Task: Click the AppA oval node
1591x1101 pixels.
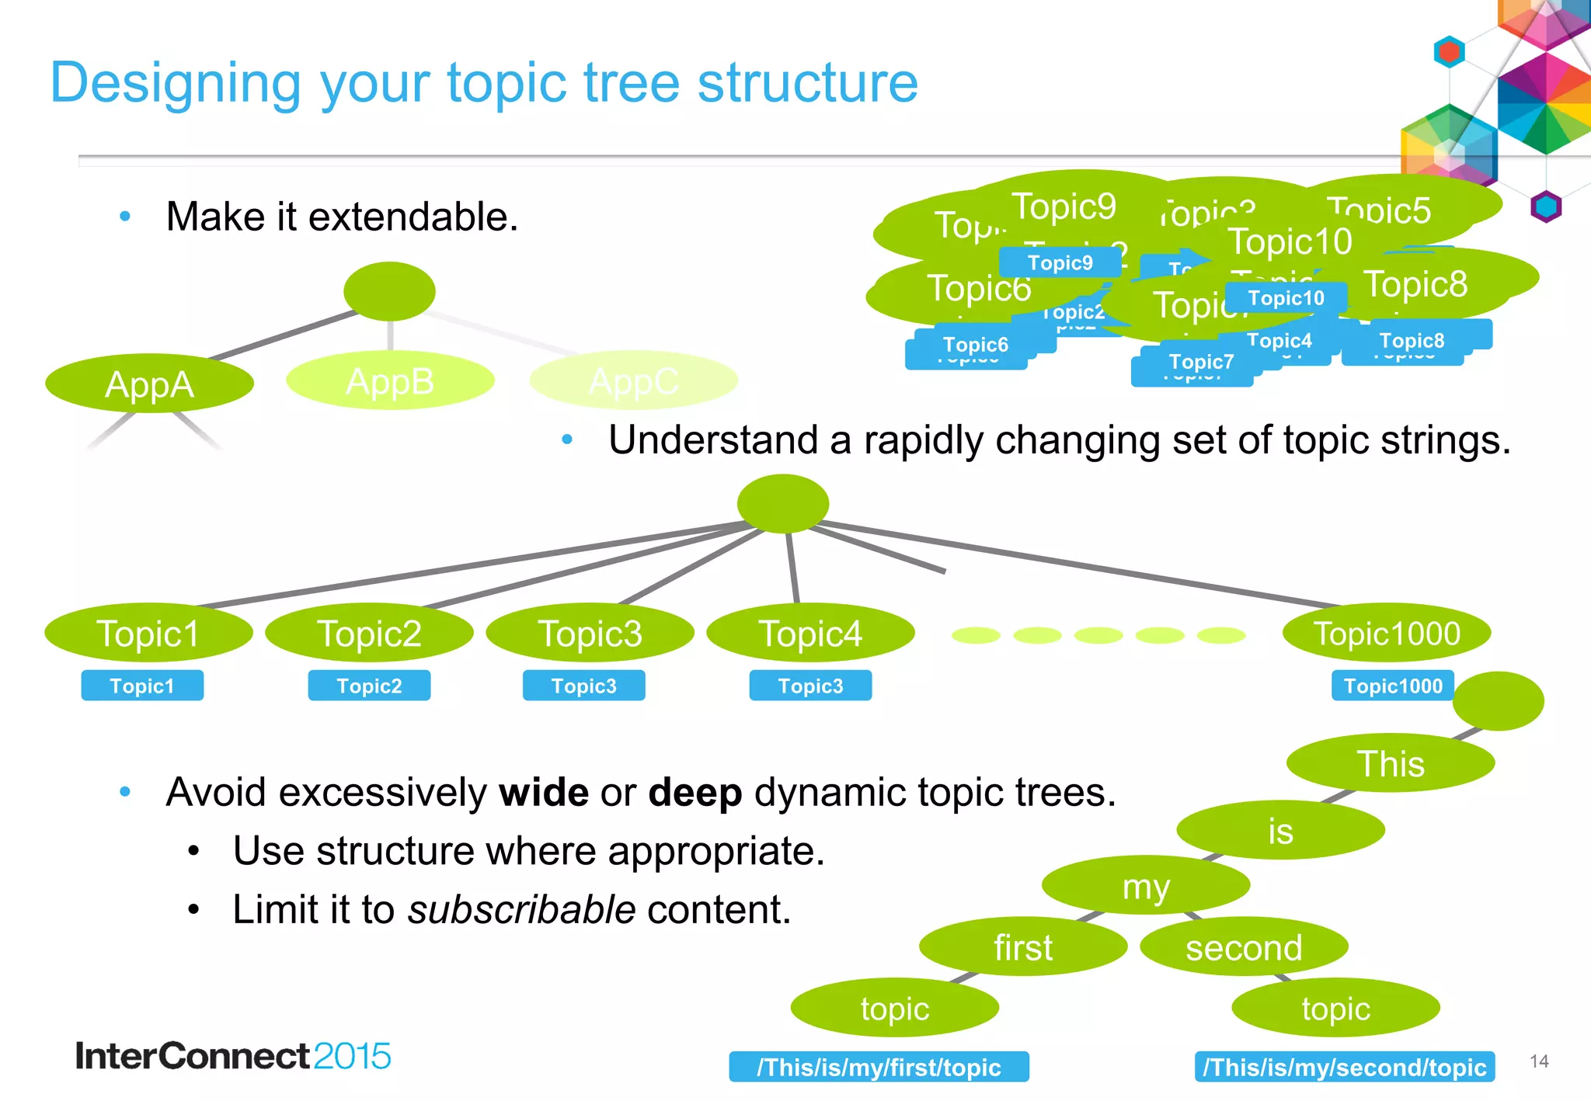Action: click(149, 384)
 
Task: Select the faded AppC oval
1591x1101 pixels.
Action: click(633, 380)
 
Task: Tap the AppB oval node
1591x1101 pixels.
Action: click(390, 380)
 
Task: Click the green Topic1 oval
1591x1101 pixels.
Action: click(148, 633)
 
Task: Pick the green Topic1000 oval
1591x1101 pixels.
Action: click(1386, 633)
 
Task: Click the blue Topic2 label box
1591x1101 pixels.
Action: click(369, 686)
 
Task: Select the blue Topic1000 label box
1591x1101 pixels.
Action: click(1392, 686)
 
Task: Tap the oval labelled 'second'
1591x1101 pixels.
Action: click(1243, 947)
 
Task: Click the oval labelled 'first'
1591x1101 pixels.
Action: click(1022, 947)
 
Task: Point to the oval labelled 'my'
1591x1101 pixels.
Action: click(1145, 885)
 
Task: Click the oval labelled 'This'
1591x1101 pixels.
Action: click(1390, 763)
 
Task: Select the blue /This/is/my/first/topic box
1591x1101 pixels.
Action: click(879, 1067)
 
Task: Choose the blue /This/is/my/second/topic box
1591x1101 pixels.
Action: click(1344, 1067)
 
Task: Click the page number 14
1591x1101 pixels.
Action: click(1539, 1061)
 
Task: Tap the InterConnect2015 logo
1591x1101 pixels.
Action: click(233, 1056)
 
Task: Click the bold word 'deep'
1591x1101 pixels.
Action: click(695, 793)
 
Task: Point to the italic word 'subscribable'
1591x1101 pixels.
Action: click(521, 909)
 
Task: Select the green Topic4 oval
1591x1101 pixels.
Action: click(810, 633)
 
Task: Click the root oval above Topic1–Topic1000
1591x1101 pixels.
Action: click(782, 503)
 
